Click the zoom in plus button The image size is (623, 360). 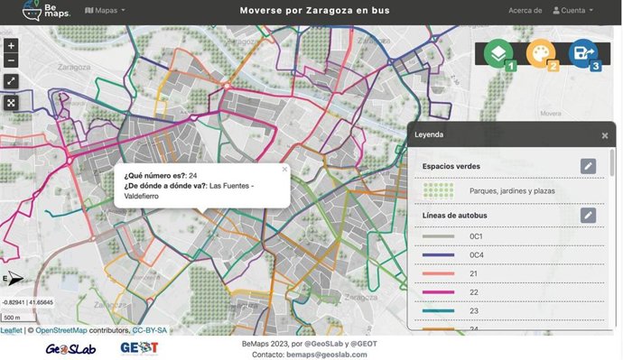[11, 44]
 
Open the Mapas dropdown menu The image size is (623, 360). [105, 11]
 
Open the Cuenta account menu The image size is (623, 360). [572, 11]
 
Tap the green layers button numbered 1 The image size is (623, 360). [498, 54]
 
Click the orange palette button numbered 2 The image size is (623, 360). [541, 54]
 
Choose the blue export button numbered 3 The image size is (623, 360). [583, 54]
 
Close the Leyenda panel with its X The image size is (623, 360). [604, 135]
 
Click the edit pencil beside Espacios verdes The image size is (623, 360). [588, 166]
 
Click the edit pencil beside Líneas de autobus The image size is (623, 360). [588, 215]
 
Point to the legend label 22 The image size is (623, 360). [474, 292]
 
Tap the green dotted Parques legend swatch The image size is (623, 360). [438, 190]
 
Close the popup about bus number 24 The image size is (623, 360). [284, 169]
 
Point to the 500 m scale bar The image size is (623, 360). [13, 318]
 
